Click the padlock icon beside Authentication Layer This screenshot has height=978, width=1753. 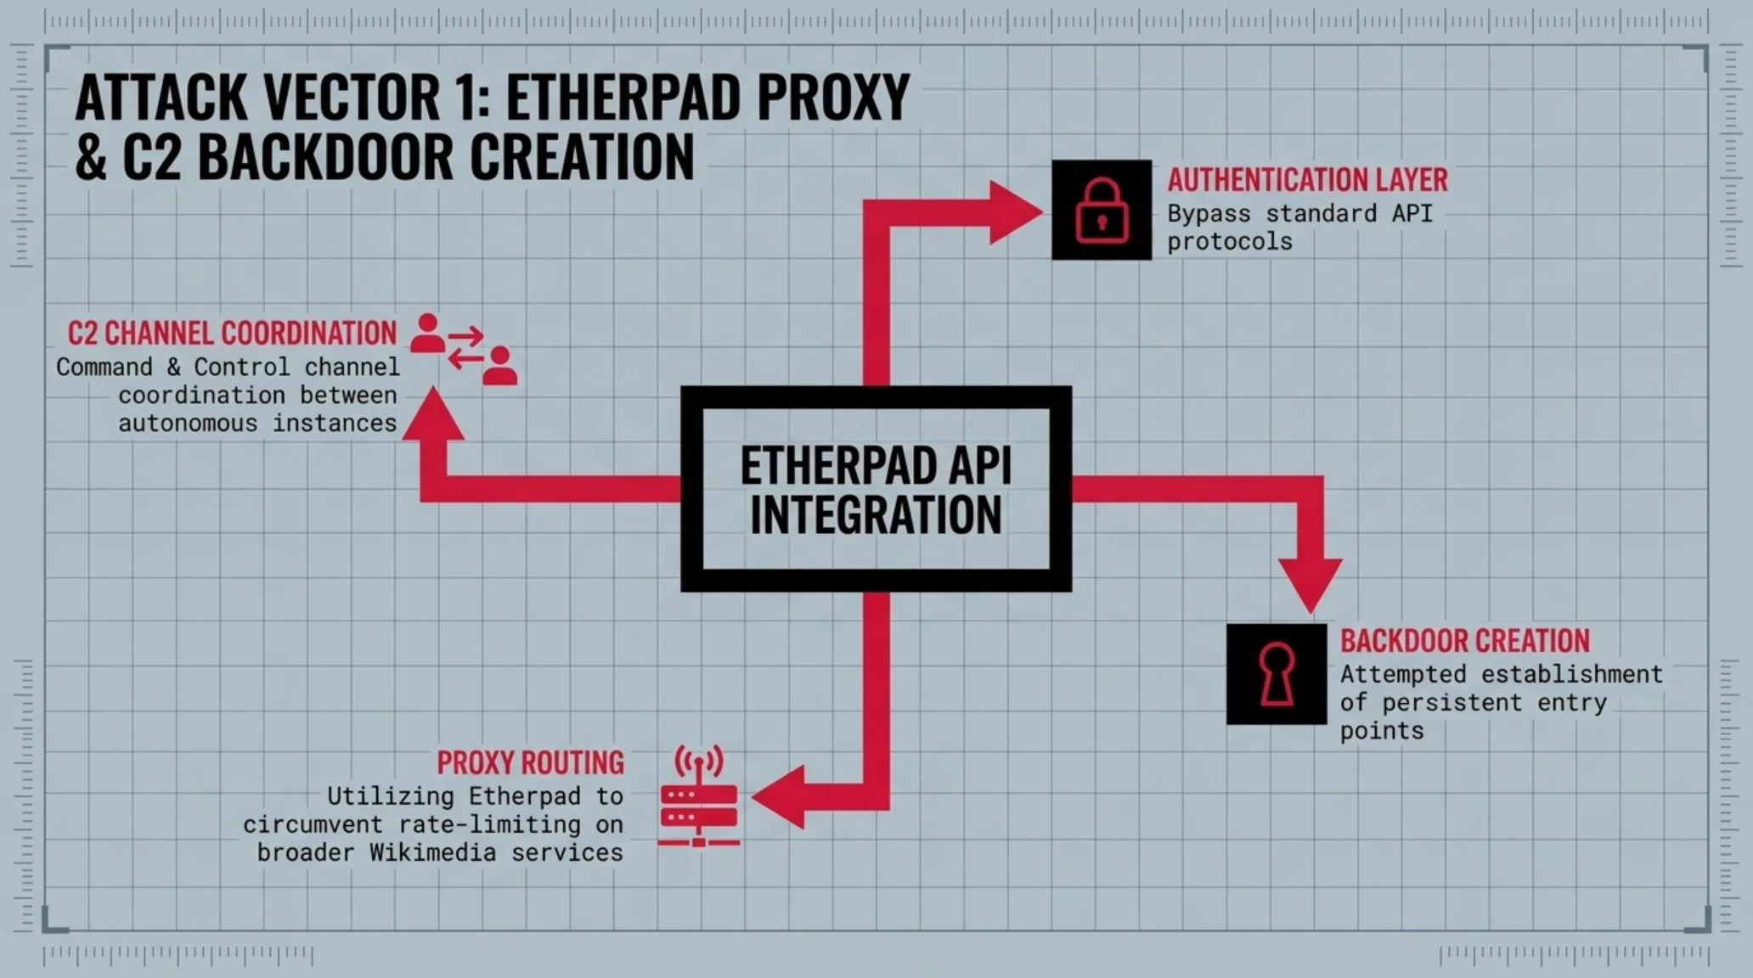1102,210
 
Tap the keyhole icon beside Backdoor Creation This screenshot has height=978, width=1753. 1277,674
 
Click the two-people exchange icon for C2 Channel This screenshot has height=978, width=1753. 463,349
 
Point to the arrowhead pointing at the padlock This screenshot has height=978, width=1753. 1015,212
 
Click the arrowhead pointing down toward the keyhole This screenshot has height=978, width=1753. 1311,585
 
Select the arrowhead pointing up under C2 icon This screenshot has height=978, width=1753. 433,413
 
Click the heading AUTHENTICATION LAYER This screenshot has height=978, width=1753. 1308,180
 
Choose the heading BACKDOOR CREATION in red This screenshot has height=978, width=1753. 1465,641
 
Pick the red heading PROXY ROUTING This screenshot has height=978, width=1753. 531,762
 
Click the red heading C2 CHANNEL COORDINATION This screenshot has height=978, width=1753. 232,333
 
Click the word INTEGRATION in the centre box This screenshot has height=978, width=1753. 876,515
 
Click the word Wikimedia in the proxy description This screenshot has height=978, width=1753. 433,852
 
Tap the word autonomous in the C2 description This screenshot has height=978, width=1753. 188,423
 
